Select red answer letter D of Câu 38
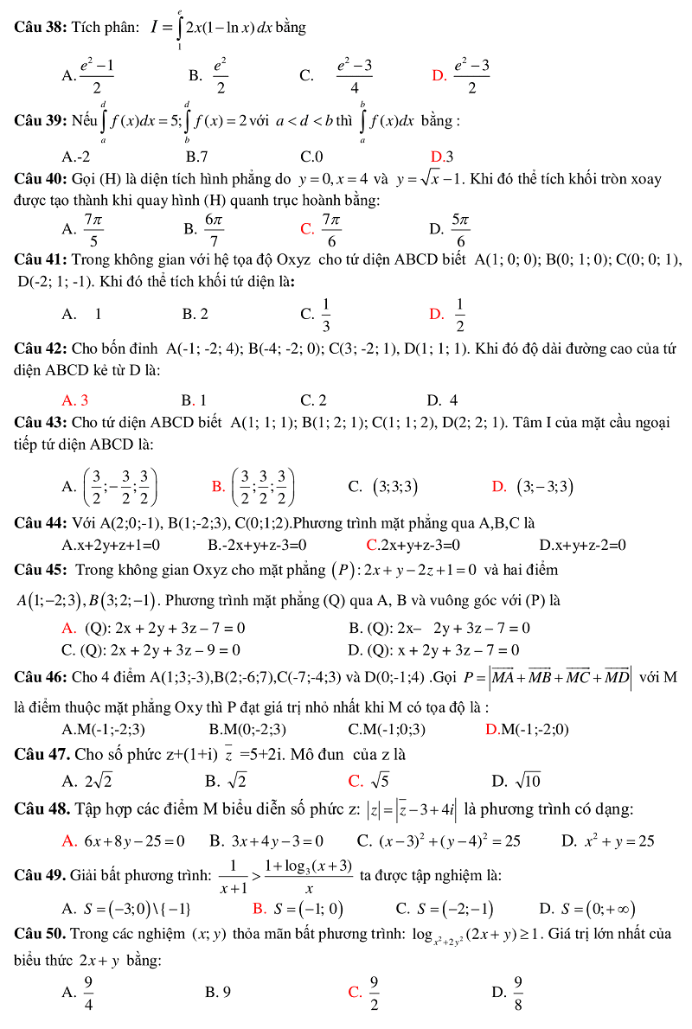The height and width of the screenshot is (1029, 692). pos(439,75)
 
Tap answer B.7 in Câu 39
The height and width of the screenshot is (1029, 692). pos(197,157)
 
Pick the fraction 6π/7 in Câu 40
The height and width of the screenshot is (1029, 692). pos(215,229)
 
